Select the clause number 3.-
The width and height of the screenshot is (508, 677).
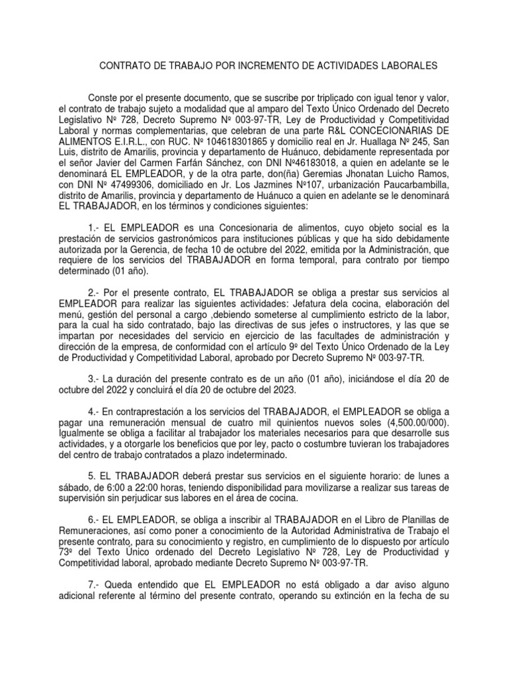[94, 379]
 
